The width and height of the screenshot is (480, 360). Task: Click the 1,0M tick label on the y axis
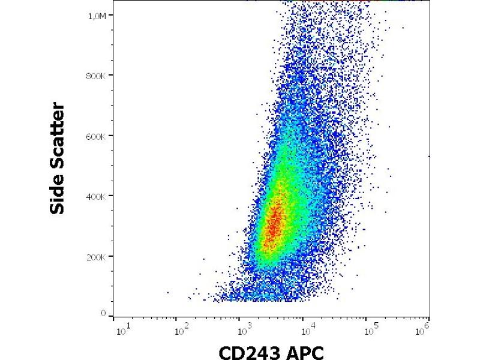(x=98, y=16)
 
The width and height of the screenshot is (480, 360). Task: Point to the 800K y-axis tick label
(x=98, y=76)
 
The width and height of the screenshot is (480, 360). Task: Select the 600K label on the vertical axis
(x=98, y=136)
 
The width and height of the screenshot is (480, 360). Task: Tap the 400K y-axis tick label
(x=98, y=196)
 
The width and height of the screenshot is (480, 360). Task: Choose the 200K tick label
(x=98, y=257)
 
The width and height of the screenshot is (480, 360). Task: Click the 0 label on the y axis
(x=103, y=314)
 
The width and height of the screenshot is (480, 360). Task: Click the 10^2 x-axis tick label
(x=178, y=329)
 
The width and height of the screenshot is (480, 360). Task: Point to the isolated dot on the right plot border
(x=428, y=156)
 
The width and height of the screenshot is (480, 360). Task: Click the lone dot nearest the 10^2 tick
(x=167, y=292)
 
